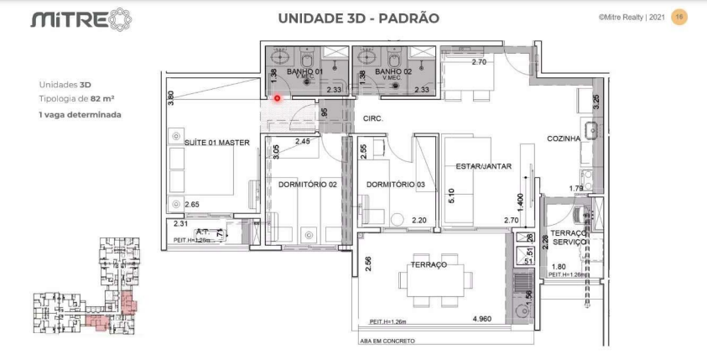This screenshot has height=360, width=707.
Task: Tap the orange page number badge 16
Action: point(679,17)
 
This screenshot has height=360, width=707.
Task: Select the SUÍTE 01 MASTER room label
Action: point(216,143)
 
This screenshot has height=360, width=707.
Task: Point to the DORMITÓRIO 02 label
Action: point(307,184)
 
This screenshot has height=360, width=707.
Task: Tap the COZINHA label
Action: point(564,138)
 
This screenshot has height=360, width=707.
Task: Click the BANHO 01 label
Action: point(305,73)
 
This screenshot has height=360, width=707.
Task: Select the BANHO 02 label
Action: point(393,73)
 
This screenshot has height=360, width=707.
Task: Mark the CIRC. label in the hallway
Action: point(372,119)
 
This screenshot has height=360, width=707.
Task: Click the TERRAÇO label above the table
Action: point(428,264)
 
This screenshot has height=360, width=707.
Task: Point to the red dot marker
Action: point(278,97)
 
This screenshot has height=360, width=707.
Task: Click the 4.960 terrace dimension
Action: point(482,319)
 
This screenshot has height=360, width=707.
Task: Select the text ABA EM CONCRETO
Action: point(387,342)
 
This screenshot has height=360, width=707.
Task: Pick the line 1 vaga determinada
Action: point(80,113)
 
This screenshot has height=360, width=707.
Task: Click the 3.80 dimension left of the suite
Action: point(171,97)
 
